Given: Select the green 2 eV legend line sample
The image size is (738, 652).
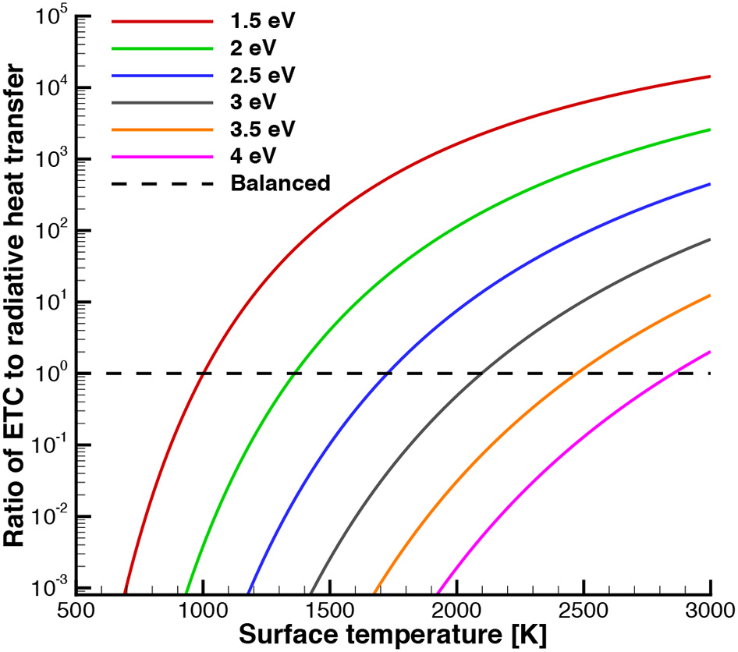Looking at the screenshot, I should point(162,48).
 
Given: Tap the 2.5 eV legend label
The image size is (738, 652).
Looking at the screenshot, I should point(264,76).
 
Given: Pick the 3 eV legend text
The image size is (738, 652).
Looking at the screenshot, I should point(253,102).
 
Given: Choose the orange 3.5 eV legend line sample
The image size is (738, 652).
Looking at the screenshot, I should point(162,129).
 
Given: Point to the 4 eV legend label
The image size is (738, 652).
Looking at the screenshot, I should point(253,157).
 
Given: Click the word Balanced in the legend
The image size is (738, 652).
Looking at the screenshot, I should point(280,184).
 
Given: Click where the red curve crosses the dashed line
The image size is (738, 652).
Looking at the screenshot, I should point(203,374).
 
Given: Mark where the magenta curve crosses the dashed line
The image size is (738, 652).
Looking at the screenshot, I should point(672,374).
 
